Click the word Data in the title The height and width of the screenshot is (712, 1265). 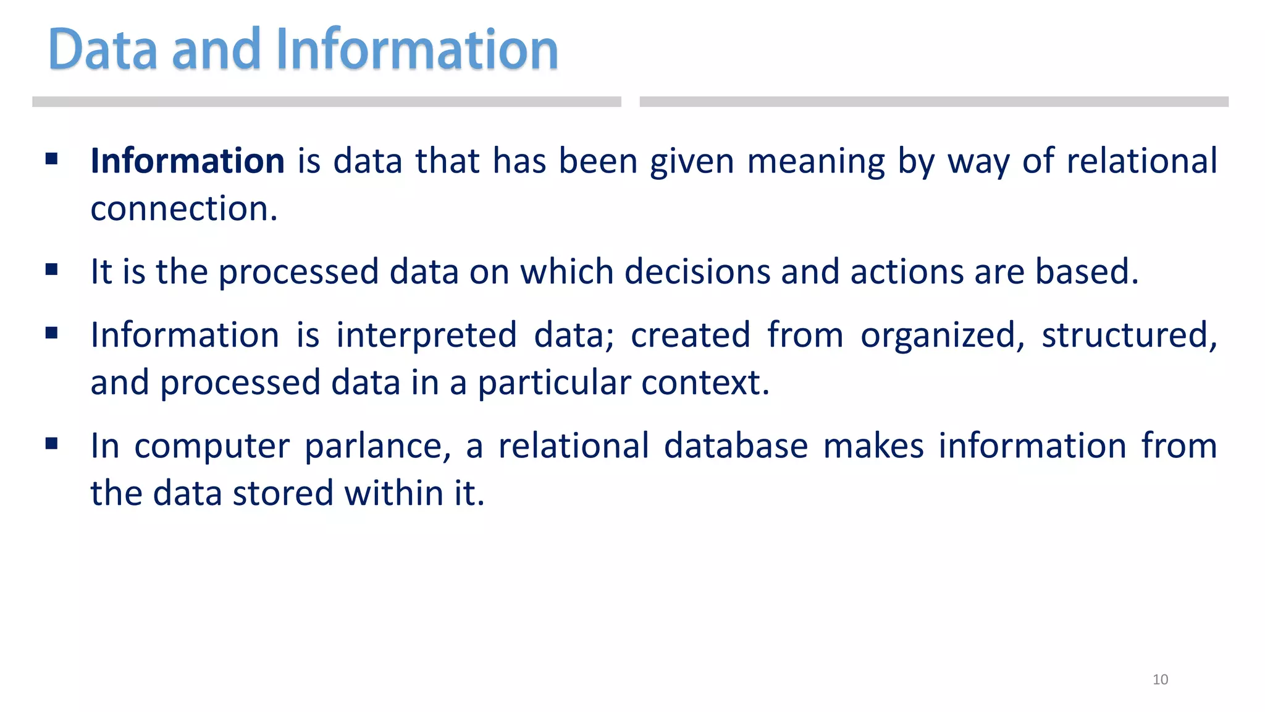click(103, 49)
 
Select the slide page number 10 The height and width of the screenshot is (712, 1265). click(1160, 679)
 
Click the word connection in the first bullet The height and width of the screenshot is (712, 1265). click(183, 209)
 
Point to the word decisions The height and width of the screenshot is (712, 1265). click(697, 272)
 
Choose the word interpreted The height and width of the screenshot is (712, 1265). click(426, 336)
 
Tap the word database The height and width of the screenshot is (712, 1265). click(736, 446)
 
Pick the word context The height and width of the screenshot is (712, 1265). click(705, 383)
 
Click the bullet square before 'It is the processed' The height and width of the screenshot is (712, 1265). click(52, 269)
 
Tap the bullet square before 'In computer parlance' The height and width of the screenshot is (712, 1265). click(52, 443)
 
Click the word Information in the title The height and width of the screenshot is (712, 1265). click(417, 49)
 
